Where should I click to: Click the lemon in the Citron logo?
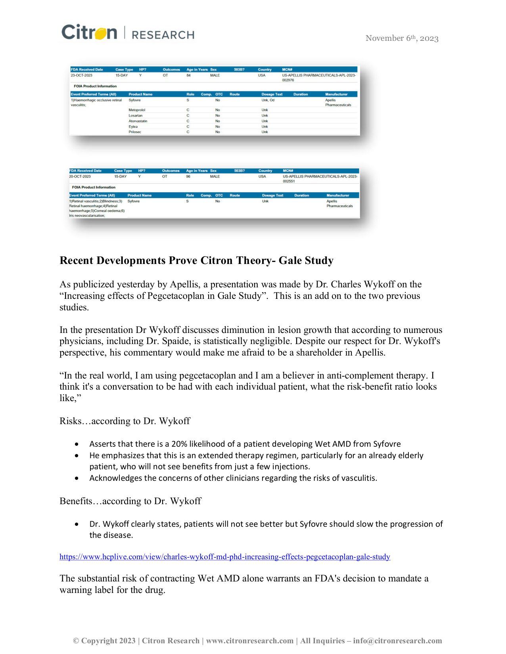tap(100, 33)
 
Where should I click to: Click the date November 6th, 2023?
tap(402, 38)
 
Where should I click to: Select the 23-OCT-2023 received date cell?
tap(81, 75)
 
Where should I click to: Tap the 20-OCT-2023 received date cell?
tap(80, 176)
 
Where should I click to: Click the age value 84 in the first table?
tap(188, 75)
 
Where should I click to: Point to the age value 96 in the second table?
tap(188, 176)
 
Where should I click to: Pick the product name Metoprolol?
tap(137, 110)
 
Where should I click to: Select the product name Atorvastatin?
tap(138, 121)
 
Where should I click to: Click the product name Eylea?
tap(133, 126)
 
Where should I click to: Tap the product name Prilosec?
tap(135, 132)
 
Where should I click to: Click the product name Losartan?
tap(135, 115)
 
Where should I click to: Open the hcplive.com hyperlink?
tap(224, 557)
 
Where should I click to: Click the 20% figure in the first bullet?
tap(179, 444)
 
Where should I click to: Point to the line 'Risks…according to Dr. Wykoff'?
tap(125, 421)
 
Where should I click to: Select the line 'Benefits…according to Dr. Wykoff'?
tap(130, 501)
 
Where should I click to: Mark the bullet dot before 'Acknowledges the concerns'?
tap(77, 478)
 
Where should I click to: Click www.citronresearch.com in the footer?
tap(250, 641)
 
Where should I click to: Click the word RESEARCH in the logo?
tap(163, 35)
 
